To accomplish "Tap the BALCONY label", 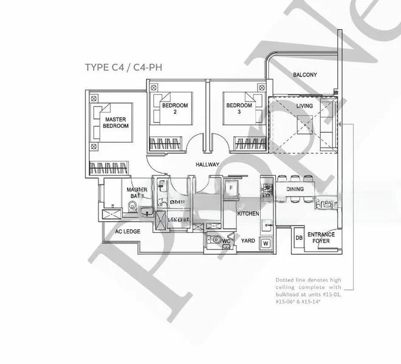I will point(304,75).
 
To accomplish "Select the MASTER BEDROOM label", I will point(115,123).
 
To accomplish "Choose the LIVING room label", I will point(304,106).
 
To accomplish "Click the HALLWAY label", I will point(207,164).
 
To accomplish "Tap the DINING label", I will point(295,189).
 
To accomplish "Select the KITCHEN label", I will point(248,214).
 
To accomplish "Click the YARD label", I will point(247,240).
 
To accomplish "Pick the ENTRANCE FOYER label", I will point(320,237).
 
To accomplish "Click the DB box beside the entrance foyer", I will point(298,237).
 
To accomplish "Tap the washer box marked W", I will point(266,244).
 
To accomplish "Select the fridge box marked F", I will point(231,188).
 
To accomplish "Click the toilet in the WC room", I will point(216,241).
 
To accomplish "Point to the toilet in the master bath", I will point(132,206).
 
